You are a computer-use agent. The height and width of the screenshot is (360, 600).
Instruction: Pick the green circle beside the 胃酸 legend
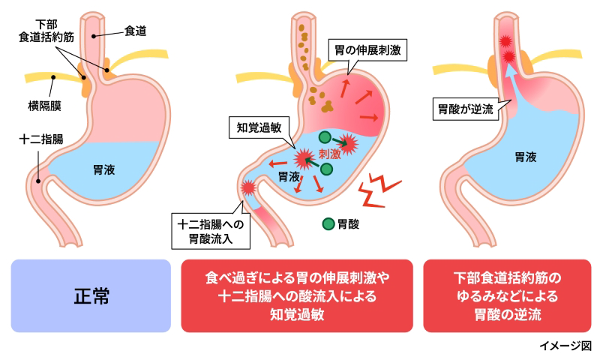(x=328, y=223)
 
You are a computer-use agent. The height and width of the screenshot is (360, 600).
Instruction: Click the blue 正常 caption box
(x=91, y=295)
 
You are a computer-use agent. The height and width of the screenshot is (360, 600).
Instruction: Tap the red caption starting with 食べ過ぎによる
(x=297, y=295)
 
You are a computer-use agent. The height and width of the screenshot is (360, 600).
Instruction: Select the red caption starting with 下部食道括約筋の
(x=507, y=295)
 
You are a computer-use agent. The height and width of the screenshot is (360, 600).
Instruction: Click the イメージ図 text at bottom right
(x=565, y=346)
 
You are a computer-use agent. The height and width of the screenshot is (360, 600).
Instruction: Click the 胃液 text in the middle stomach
(x=289, y=177)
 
